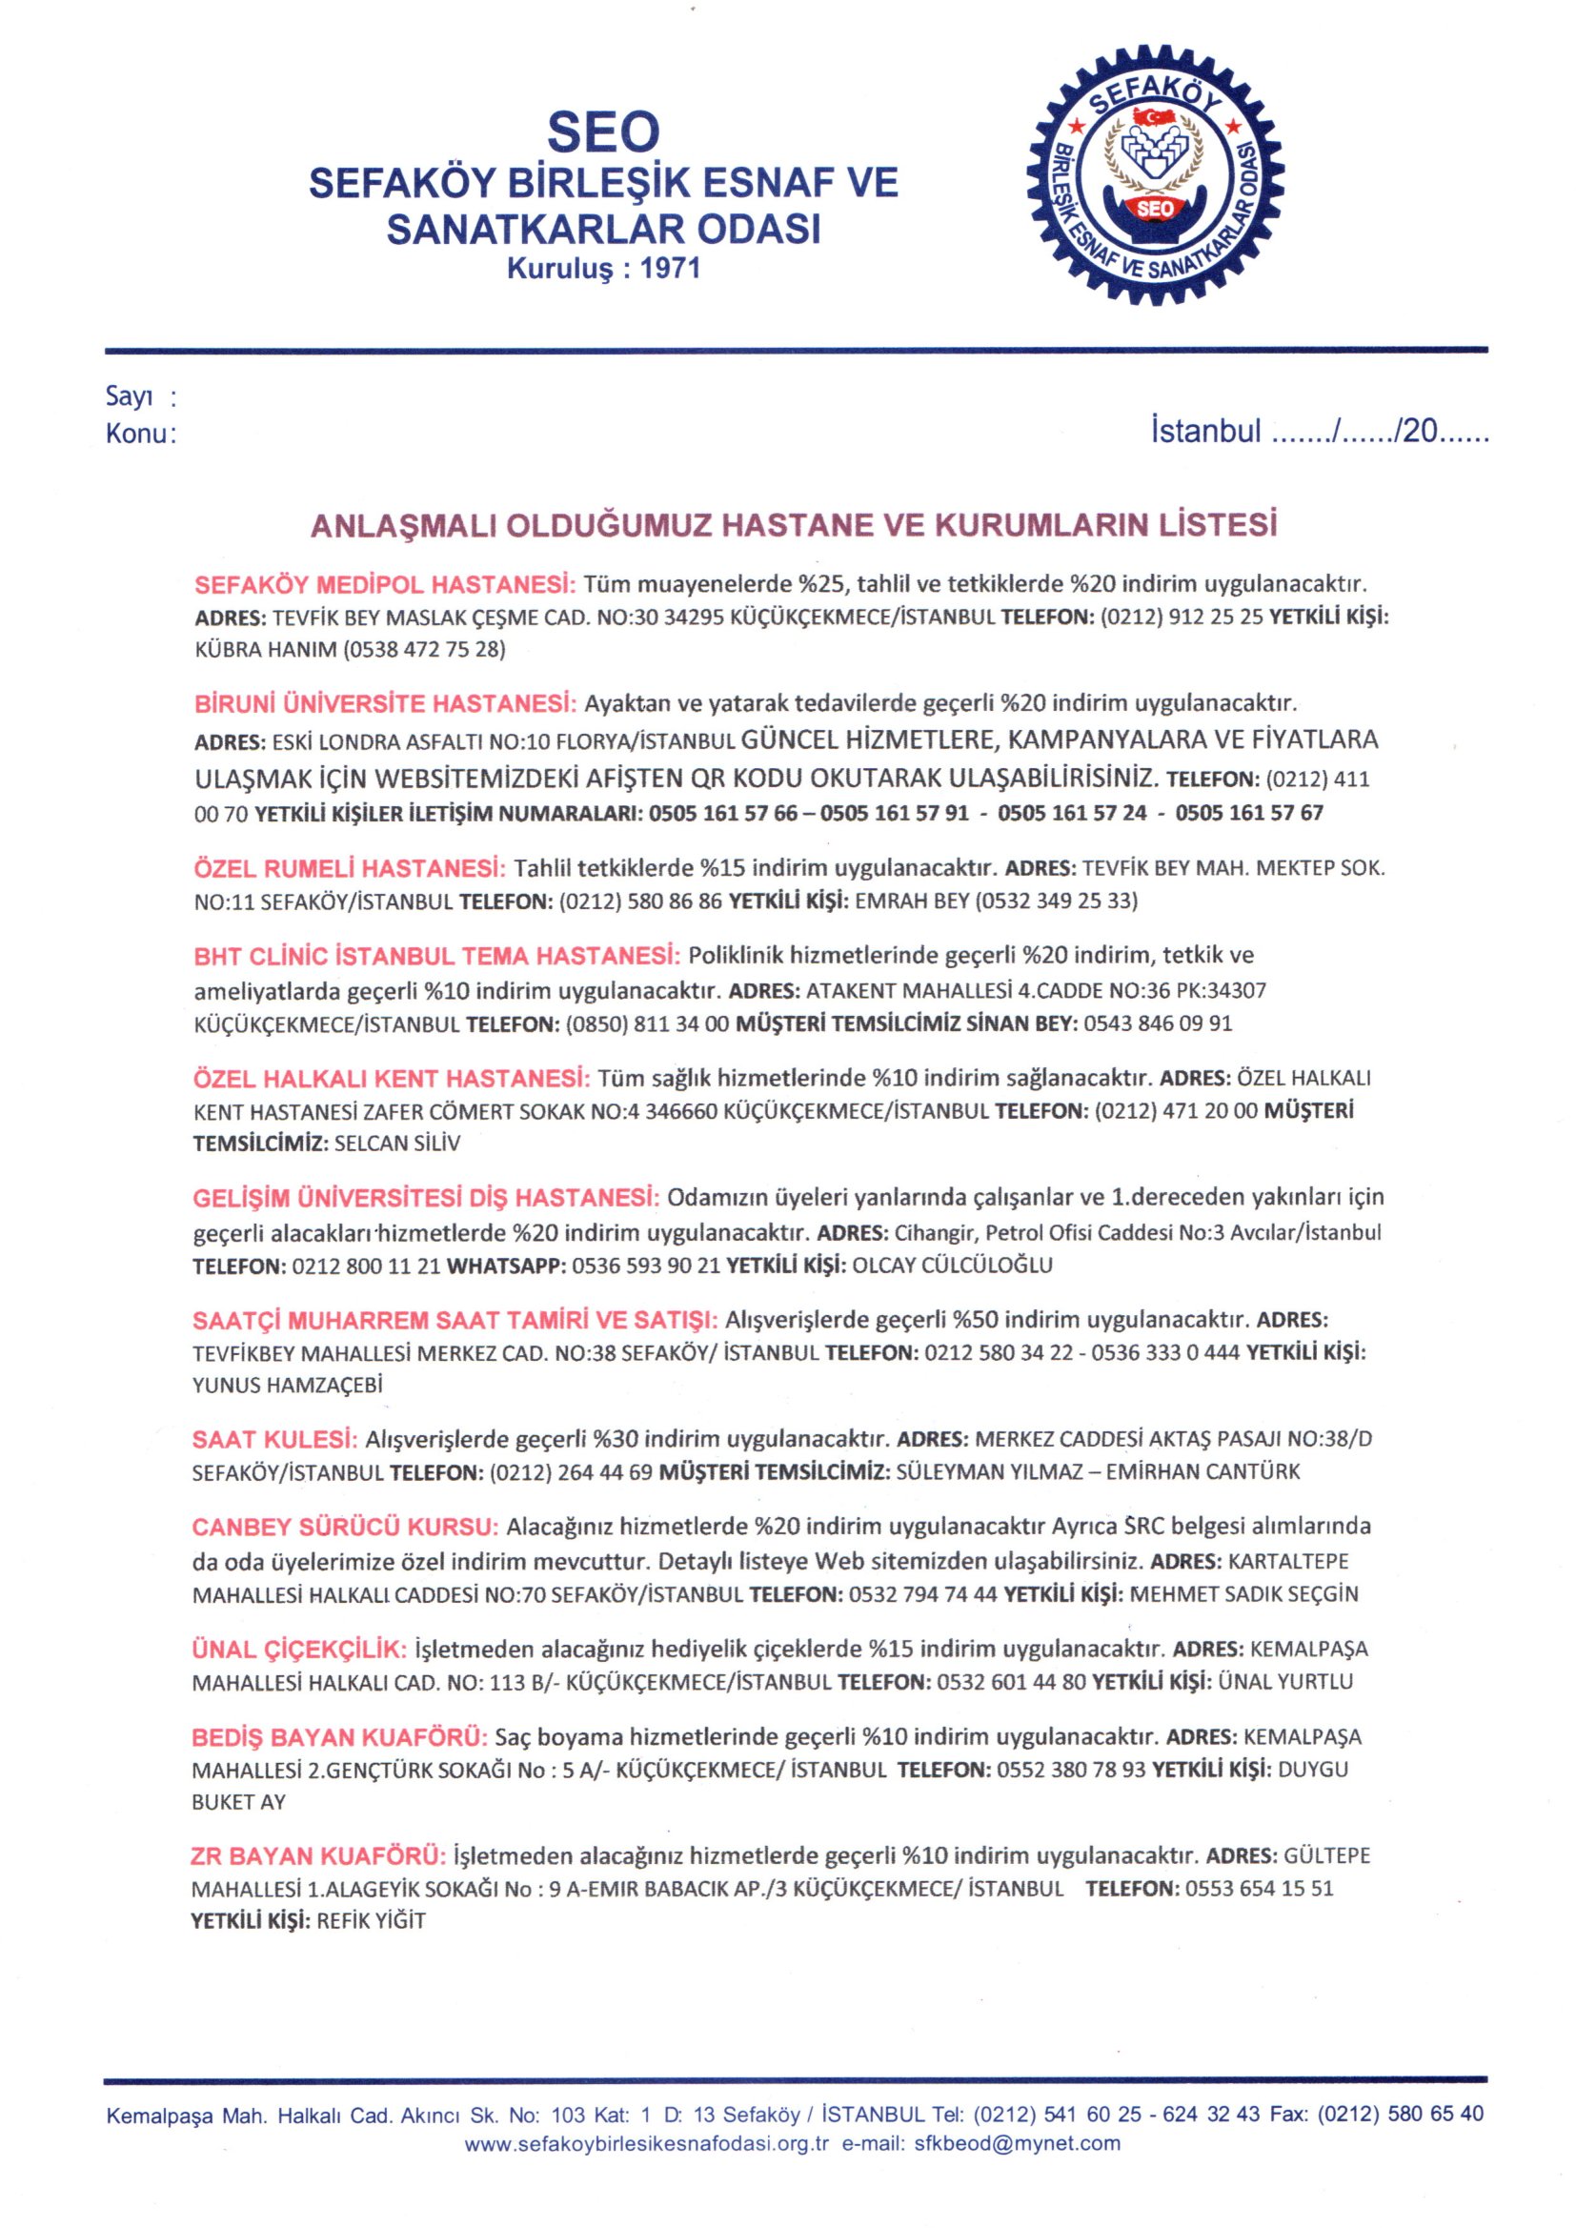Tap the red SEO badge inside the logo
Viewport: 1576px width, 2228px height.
1154,209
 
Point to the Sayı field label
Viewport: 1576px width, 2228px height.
130,396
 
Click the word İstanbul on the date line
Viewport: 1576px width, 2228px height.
1204,431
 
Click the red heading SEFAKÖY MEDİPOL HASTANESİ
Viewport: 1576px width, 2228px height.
385,585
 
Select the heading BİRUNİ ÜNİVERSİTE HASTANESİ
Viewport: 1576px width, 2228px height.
385,701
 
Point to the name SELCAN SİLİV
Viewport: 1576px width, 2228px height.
397,1144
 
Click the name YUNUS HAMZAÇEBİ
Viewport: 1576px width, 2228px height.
288,1385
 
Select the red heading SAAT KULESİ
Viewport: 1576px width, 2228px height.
274,1437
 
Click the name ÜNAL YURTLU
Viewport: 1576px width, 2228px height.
1283,1682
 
